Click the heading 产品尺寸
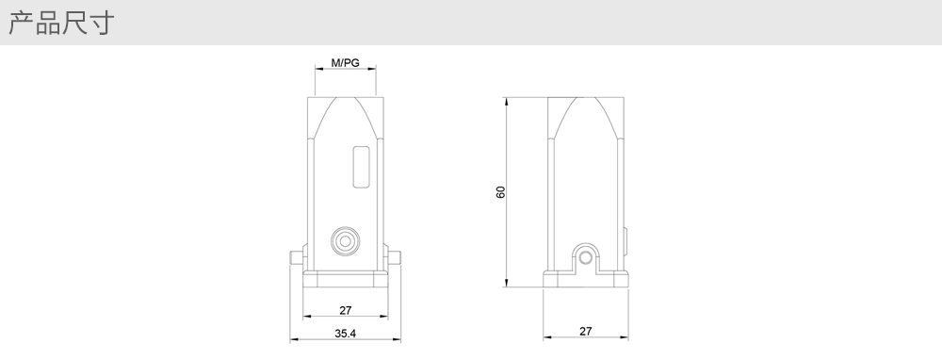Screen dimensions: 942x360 coord(61,23)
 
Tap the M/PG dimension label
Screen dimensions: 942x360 coord(346,62)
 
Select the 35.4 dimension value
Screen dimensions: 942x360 coord(346,333)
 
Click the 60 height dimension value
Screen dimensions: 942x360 coord(500,191)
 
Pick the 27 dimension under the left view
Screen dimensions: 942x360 coord(346,310)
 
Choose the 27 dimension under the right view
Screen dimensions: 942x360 coord(586,331)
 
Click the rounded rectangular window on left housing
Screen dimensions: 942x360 coord(361,167)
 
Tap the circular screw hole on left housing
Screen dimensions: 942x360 coord(346,241)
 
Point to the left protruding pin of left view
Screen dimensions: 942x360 coord(297,258)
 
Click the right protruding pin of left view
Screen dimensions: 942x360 coord(394,258)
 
